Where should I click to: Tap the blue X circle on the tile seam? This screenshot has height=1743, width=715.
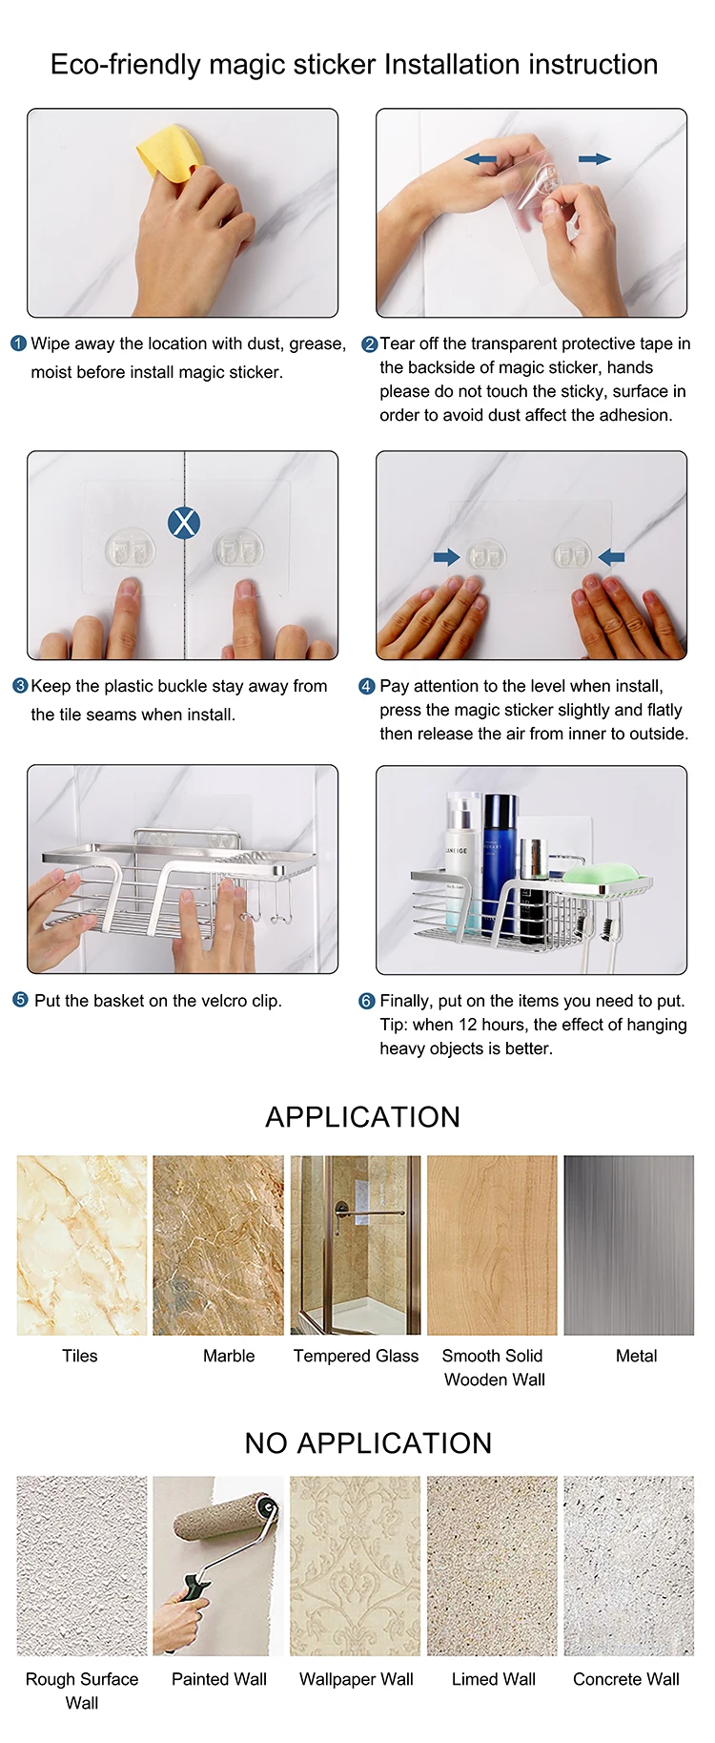pos(183,522)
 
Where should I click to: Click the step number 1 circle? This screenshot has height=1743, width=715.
pos(18,343)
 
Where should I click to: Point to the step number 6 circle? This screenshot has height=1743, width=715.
pos(367,1001)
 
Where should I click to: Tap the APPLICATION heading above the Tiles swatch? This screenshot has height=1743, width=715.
pos(363,1116)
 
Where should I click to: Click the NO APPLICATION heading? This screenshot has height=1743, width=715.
pos(368,1442)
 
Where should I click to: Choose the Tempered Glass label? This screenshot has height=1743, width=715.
pos(356,1356)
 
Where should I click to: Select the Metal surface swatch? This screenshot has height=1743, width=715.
pos(629,1245)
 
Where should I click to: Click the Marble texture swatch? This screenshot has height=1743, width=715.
pos(218,1245)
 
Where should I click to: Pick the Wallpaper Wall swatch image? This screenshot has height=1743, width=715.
pos(356,1566)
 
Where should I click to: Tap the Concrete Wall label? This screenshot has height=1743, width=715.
pos(626,1679)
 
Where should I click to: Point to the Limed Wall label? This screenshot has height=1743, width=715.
pos(494,1679)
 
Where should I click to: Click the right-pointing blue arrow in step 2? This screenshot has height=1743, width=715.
pos(595,158)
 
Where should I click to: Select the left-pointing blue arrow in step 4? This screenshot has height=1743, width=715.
pos(611,557)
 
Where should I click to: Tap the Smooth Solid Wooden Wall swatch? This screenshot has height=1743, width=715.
pos(492,1245)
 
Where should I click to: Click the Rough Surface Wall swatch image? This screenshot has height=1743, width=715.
pos(82,1566)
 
